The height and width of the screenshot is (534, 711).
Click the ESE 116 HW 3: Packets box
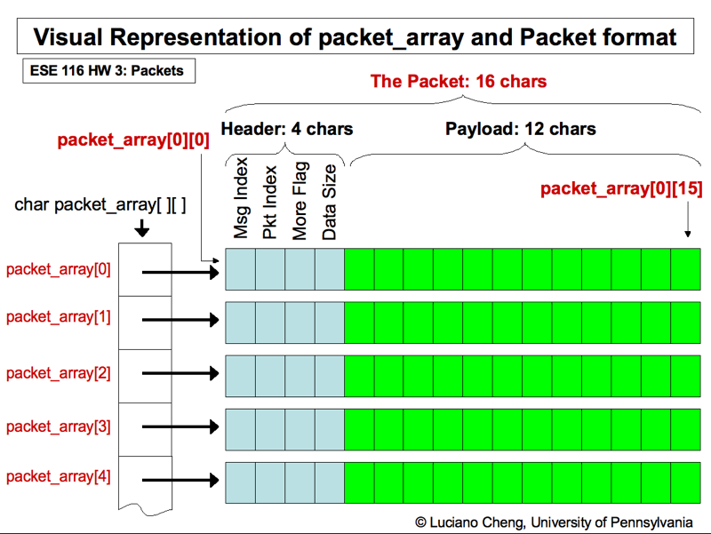click(x=108, y=70)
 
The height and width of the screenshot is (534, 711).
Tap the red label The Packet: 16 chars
click(x=458, y=82)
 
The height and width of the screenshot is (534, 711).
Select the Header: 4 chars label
click(x=286, y=129)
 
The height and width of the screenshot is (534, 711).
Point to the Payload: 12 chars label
click(x=520, y=129)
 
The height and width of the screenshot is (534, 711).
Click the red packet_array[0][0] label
click(x=133, y=140)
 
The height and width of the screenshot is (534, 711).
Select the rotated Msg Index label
click(x=241, y=201)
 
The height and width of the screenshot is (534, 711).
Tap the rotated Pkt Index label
click(x=270, y=202)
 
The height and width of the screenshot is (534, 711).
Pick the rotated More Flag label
click(x=300, y=201)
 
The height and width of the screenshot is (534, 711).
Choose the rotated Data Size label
click(x=329, y=201)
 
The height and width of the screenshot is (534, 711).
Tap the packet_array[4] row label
click(x=59, y=476)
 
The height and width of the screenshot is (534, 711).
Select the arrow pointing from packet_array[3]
click(x=180, y=427)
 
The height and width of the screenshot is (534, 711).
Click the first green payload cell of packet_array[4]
click(x=359, y=481)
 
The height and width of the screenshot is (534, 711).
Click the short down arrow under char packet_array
click(x=142, y=228)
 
